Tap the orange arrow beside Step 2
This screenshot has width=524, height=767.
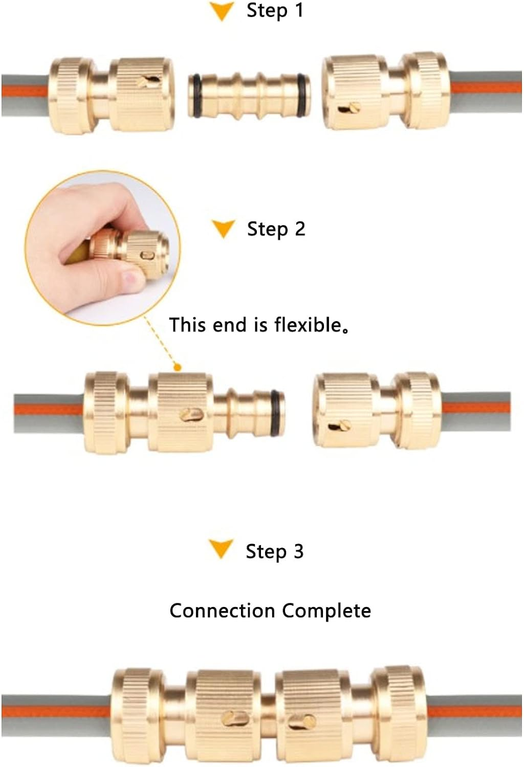pyautogui.click(x=223, y=229)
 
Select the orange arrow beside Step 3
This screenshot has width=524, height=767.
pyautogui.click(x=221, y=549)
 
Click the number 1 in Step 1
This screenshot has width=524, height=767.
pyautogui.click(x=299, y=11)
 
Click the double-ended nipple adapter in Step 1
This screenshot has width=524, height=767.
pyautogui.click(x=249, y=95)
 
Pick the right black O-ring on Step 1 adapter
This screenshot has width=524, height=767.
pyautogui.click(x=303, y=95)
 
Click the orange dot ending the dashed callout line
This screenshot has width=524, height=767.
pyautogui.click(x=177, y=367)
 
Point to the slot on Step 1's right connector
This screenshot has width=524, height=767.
pyautogui.click(x=350, y=108)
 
